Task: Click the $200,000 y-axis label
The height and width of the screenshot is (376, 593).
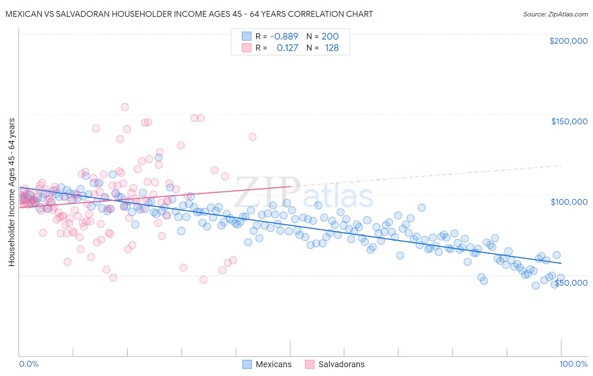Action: [x=568, y=41]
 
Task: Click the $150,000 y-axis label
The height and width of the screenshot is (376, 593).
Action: [x=569, y=121]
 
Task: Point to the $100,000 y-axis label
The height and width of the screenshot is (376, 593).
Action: [x=569, y=202]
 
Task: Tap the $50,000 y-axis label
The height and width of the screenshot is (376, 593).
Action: [x=571, y=282]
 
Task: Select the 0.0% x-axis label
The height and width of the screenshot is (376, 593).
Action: [x=29, y=364]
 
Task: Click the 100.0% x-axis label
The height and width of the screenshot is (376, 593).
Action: [x=573, y=364]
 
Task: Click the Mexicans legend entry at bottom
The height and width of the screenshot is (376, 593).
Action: [x=273, y=364]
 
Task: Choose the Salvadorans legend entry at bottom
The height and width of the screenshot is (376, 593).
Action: [x=341, y=364]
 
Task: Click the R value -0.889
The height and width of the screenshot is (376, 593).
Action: [x=284, y=37]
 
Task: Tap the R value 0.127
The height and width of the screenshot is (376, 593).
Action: [x=287, y=48]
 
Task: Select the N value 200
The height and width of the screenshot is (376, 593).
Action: [x=330, y=37]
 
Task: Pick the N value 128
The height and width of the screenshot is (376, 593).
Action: [x=332, y=48]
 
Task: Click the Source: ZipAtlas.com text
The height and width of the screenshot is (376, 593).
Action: [x=555, y=14]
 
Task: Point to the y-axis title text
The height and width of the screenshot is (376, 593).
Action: [x=11, y=192]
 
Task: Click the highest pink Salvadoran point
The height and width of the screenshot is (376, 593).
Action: [x=125, y=107]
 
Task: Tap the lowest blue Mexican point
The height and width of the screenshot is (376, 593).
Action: [x=536, y=285]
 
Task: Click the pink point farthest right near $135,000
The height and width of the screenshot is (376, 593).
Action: [x=252, y=137]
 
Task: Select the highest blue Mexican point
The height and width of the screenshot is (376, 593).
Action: [x=159, y=157]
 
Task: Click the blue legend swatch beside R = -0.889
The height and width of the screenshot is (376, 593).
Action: [x=247, y=37]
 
